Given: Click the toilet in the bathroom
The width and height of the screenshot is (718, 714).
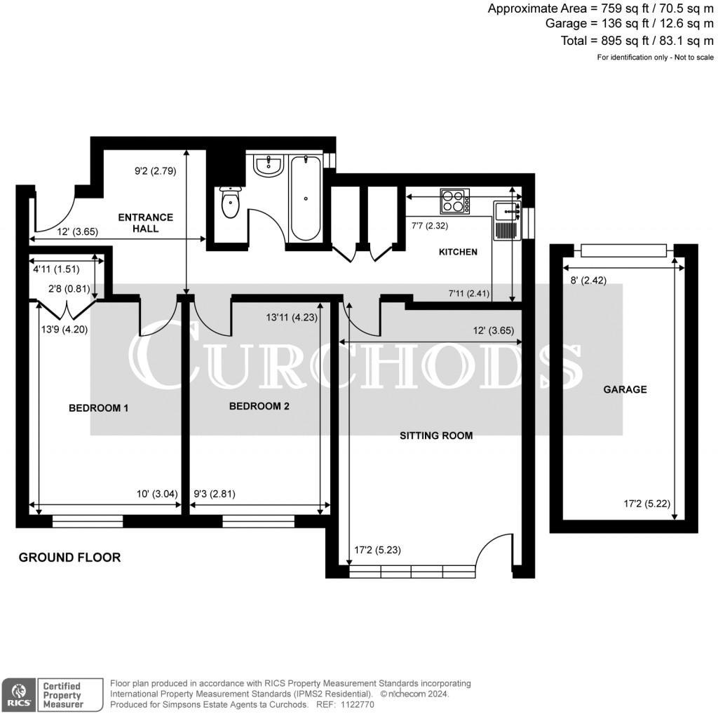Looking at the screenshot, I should (231, 203).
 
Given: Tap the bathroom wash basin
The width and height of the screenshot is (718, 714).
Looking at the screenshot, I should (267, 166).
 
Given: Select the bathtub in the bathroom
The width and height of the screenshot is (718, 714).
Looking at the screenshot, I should (306, 198).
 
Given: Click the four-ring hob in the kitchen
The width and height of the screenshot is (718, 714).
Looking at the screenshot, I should (454, 201).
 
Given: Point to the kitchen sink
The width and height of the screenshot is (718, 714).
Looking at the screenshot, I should (506, 210).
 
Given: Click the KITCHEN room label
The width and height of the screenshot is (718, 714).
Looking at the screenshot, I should (458, 252).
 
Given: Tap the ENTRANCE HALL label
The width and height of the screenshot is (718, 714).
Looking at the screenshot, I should (146, 223).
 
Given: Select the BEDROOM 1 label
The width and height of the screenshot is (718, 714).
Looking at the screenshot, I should (98, 408).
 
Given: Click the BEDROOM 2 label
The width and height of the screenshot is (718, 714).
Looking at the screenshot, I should (259, 406).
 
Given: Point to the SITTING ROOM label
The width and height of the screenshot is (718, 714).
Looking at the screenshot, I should (436, 436).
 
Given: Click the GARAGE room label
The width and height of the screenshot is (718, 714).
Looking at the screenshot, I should (625, 389).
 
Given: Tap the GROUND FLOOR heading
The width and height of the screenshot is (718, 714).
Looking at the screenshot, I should (69, 558).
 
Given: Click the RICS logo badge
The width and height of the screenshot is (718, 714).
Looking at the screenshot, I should (18, 694).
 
